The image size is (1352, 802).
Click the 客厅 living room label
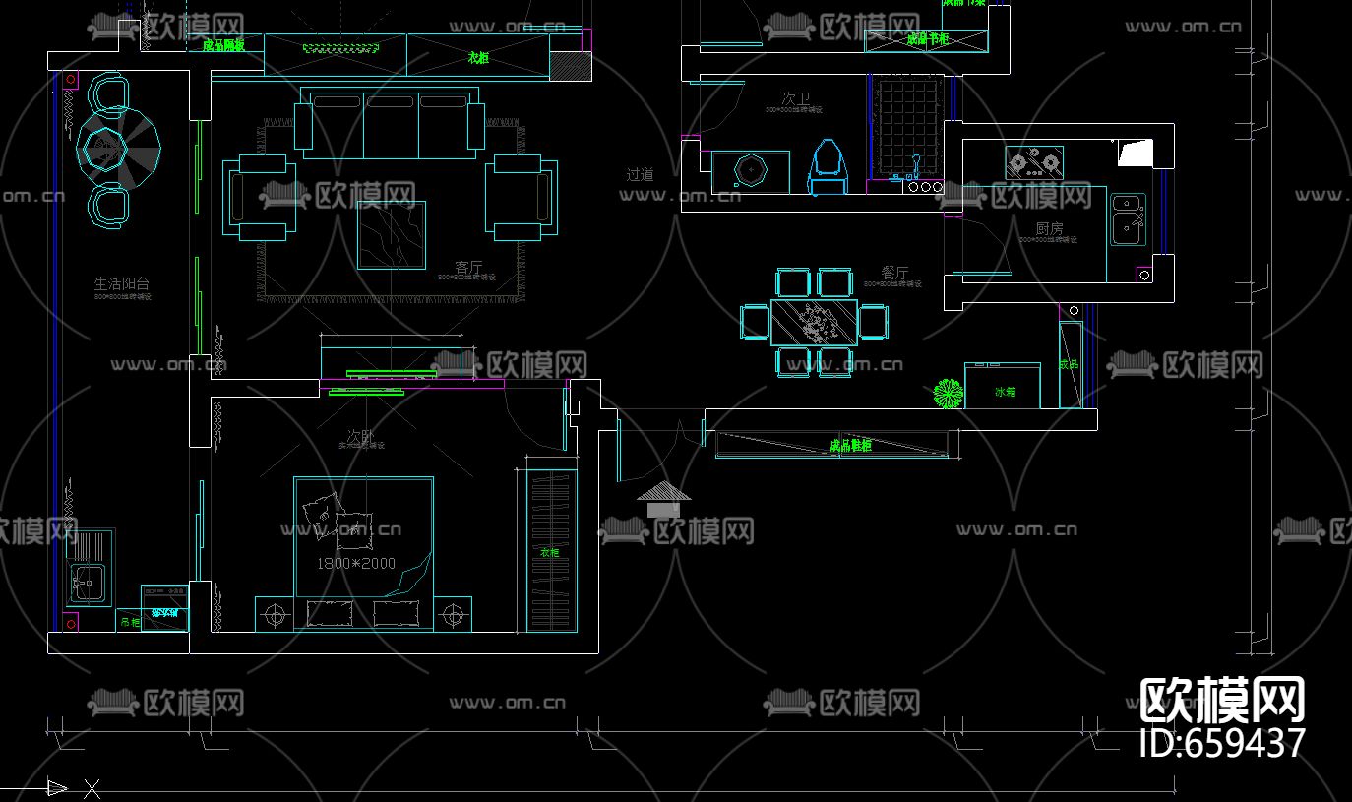pos(468,267)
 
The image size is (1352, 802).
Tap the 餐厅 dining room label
pos(894,273)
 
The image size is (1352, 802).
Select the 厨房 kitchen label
pos(1049,228)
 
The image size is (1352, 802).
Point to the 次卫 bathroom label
pos(795,98)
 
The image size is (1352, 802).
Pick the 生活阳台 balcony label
pos(122,283)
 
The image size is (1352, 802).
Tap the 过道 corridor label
pos(640,174)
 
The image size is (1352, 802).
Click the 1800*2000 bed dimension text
pos(355,564)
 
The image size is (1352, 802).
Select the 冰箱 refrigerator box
pos(1003,386)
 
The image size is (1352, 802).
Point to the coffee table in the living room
pos(392,235)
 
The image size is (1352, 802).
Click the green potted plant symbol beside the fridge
pos(948,394)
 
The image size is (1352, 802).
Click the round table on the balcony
pos(104,149)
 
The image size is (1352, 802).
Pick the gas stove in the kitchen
pos(1033,161)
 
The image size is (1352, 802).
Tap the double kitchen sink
pos(1127,218)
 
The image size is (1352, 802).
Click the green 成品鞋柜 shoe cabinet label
pos(849,446)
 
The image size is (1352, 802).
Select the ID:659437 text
pos(1222,743)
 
